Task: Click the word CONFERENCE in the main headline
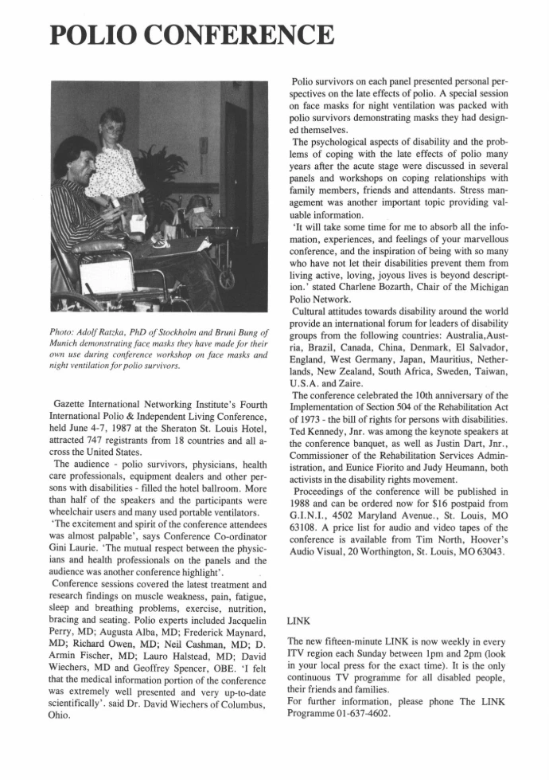249,35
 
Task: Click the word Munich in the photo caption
65,343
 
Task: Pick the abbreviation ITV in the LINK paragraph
298,654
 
